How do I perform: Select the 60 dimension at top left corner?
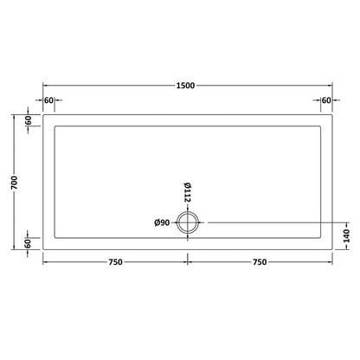(x=48, y=101)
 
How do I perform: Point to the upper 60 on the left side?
(x=28, y=121)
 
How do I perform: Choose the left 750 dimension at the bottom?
(x=115, y=262)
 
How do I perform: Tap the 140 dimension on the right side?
(x=347, y=235)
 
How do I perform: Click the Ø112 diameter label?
(x=187, y=193)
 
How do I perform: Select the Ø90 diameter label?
(x=161, y=223)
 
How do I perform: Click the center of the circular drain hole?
(x=187, y=223)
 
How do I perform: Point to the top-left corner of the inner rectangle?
(x=55, y=126)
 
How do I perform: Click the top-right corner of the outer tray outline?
(x=331, y=115)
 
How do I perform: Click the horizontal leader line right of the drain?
(x=268, y=223)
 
